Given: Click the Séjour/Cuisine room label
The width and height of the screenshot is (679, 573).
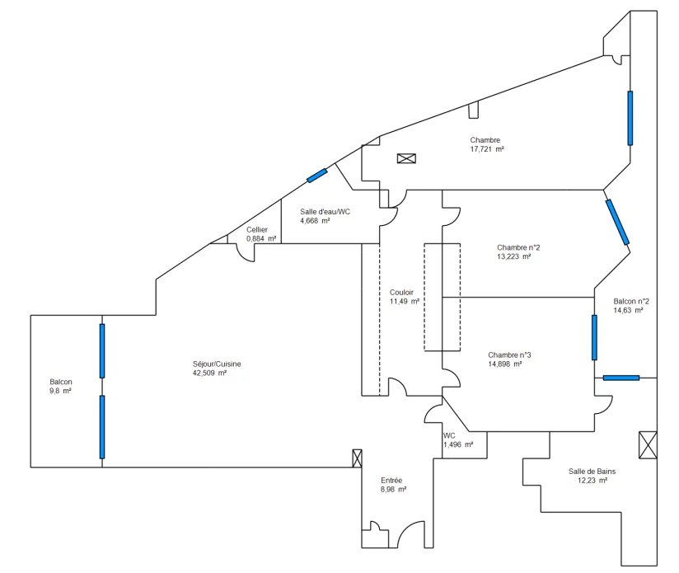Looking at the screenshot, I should click(x=217, y=364).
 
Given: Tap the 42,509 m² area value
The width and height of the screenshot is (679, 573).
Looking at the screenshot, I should click(x=209, y=373).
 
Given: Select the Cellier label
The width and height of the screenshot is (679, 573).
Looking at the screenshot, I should click(x=257, y=230).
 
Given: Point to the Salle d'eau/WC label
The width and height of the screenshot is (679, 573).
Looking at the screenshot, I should click(x=325, y=212).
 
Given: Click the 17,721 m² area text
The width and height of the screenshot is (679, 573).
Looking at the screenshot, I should click(x=487, y=149).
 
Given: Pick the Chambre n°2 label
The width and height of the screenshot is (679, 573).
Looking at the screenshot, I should click(x=518, y=247).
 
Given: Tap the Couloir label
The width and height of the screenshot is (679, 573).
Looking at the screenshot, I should click(x=402, y=293).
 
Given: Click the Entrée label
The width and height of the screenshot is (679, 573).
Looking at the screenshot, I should click(x=391, y=480).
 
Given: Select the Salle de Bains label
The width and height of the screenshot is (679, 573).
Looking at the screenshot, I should click(x=592, y=472).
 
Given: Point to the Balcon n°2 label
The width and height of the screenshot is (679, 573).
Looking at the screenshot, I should click(x=631, y=301).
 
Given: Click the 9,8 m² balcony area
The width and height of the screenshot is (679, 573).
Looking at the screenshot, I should click(x=60, y=391).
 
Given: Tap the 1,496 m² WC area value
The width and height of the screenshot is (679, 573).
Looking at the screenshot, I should click(x=458, y=444).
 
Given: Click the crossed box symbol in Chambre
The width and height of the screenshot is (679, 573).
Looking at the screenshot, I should click(x=407, y=158).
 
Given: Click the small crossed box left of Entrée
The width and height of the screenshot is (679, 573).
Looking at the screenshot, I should click(x=358, y=458).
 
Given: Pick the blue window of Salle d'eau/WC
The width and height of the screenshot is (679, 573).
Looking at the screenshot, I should click(x=317, y=175).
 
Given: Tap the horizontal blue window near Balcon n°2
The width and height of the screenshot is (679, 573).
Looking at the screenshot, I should click(x=620, y=378).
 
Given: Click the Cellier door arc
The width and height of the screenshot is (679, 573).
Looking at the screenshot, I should click(x=244, y=255).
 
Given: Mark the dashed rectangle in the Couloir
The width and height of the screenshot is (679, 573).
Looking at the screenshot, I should click(x=442, y=297).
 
